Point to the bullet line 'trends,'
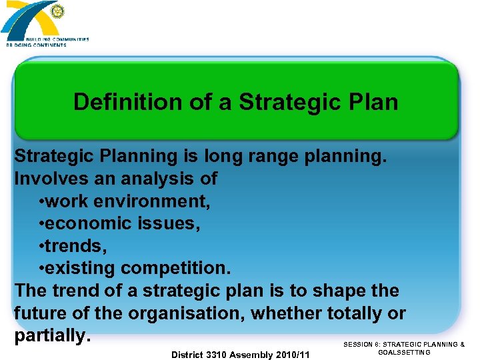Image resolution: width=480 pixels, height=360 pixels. point(73,246)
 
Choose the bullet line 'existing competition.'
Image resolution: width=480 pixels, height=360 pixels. point(135,269)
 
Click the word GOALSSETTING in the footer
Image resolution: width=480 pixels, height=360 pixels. point(404,353)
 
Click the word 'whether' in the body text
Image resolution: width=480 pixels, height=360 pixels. point(289,313)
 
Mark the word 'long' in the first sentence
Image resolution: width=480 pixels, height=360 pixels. point(227,156)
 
